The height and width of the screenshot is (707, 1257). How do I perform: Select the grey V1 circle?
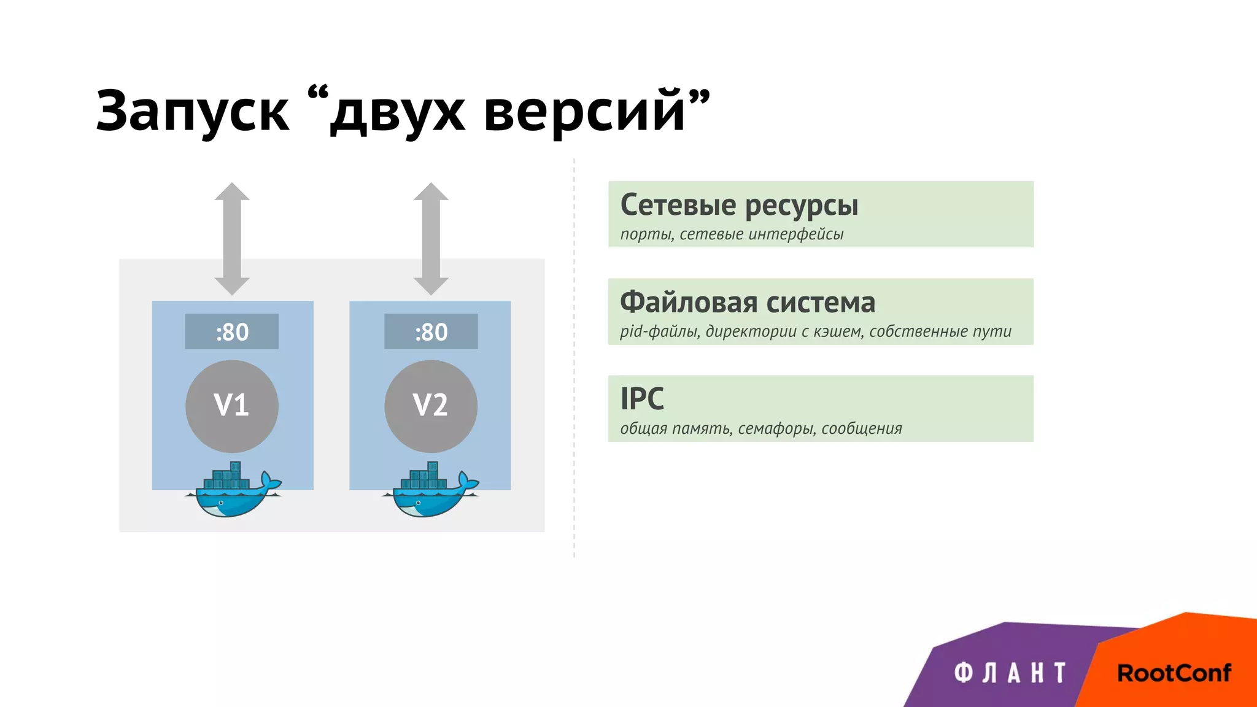coord(232,406)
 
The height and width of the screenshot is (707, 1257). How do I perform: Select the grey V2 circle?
coord(431,406)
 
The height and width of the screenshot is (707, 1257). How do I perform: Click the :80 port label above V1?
coord(232,332)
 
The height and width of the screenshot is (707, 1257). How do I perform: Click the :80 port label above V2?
coord(431,332)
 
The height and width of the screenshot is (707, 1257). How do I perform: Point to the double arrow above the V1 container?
coord(232,239)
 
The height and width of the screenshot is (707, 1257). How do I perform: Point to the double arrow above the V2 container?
coord(431,239)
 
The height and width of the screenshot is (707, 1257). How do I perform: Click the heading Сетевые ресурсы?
coord(739,206)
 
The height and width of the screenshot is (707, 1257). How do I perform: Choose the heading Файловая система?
coord(748,303)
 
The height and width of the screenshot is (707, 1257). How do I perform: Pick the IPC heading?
coord(642,399)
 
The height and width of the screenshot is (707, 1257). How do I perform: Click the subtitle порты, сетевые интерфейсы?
coord(732,234)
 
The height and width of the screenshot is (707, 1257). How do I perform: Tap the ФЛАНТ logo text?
coord(1010,673)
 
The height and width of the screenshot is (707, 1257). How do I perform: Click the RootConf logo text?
coord(1174,673)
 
